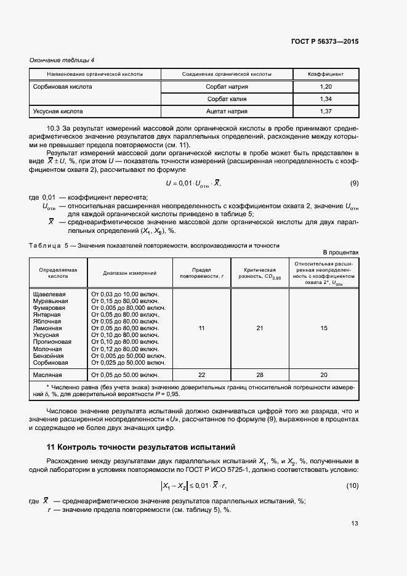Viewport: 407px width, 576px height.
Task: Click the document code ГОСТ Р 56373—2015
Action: click(324, 42)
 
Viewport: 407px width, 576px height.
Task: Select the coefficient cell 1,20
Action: click(326, 87)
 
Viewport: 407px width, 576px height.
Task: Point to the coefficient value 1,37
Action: click(326, 112)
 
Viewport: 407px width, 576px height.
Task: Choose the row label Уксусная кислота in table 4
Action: click(58, 112)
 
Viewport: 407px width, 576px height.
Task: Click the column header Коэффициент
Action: click(326, 74)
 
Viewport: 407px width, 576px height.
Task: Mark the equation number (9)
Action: click(354, 184)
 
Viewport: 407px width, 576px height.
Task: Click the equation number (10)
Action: click(352, 485)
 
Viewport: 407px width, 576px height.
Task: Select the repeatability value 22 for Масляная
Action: click(201, 375)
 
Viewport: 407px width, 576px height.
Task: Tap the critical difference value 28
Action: click(259, 375)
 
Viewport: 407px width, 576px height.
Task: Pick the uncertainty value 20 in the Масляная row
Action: click(323, 375)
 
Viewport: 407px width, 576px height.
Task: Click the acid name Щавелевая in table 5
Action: click(52, 294)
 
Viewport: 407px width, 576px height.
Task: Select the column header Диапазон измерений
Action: click(129, 272)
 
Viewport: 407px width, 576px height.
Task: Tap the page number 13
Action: click(354, 524)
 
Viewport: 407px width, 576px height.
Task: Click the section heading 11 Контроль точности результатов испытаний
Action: click(140, 447)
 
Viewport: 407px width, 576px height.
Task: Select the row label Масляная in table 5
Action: click(51, 375)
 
